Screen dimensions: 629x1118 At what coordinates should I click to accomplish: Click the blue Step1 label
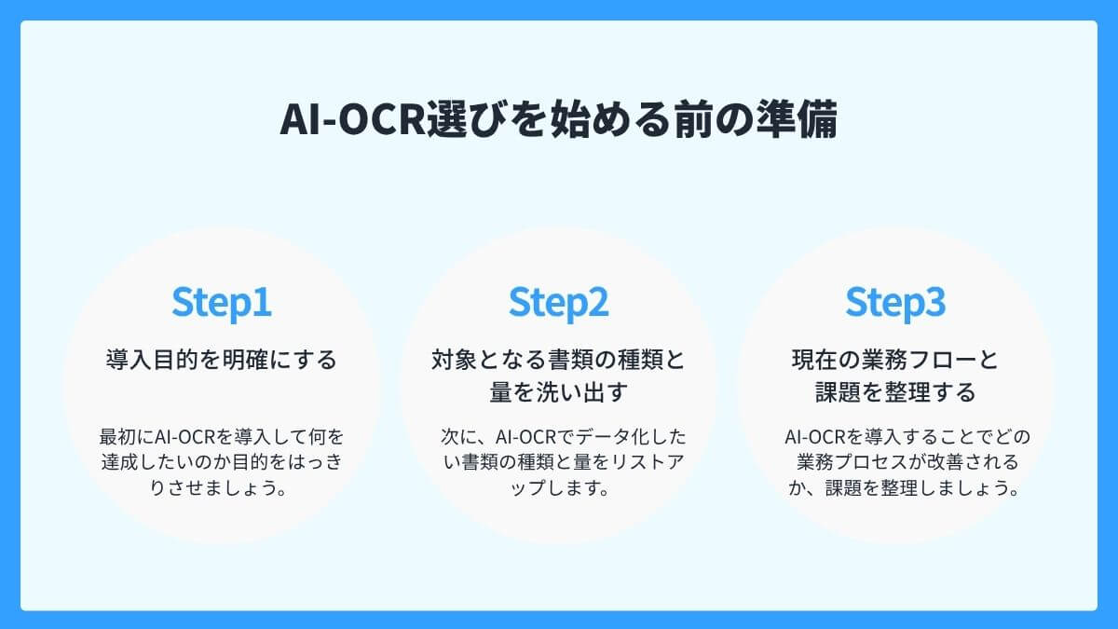click(x=222, y=303)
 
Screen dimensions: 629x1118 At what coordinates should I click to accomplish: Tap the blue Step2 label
click(x=558, y=303)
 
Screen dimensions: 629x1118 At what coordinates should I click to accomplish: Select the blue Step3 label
click(x=895, y=303)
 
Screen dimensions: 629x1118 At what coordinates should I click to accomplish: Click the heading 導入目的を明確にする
click(x=222, y=360)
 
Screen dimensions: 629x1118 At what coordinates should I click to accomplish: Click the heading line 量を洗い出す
click(x=558, y=392)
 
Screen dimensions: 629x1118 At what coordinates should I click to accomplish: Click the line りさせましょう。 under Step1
click(x=222, y=488)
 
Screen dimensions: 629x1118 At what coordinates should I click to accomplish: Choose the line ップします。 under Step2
click(x=558, y=488)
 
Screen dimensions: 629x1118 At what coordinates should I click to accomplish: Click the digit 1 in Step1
click(x=262, y=303)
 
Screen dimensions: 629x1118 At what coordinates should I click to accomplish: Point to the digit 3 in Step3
click(x=934, y=303)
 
